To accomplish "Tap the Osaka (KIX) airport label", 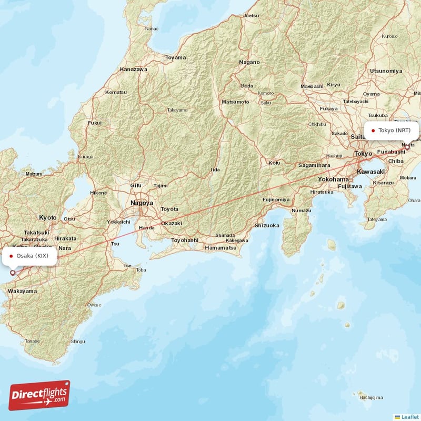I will (x=32, y=256).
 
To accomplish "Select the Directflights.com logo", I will (x=39, y=395).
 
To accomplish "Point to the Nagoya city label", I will (x=142, y=203).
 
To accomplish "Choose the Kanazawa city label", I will (x=134, y=69).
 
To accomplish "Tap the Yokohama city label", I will (x=333, y=179).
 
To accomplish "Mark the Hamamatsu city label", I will (x=219, y=247).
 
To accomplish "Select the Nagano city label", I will (x=249, y=62).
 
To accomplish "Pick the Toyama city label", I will (x=176, y=57).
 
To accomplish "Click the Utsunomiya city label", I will (x=386, y=71).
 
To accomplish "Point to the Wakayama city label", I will (x=22, y=291).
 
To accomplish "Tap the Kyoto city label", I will (x=47, y=217).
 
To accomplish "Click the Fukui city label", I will (x=95, y=123).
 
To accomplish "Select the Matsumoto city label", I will (x=235, y=101).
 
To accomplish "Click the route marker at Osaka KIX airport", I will (x=13, y=273).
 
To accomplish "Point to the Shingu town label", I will (x=77, y=342).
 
